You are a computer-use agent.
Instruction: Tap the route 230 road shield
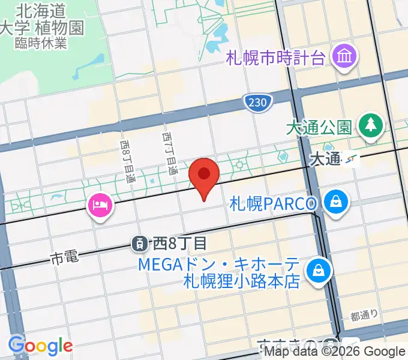[x=255, y=103]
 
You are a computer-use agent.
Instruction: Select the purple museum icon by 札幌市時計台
[x=346, y=58]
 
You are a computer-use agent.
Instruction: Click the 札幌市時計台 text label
[x=276, y=58]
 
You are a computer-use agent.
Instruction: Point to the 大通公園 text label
[x=318, y=128]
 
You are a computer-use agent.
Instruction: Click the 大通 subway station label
[x=325, y=159]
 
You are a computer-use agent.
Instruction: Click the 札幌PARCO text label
[x=272, y=203]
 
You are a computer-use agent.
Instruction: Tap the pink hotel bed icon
[x=100, y=206]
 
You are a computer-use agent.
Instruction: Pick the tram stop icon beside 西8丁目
[x=139, y=243]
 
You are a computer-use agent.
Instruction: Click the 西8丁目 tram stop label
[x=179, y=244]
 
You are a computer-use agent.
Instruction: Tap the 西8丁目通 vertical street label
[x=127, y=162]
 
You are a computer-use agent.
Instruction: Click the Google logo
[x=40, y=346]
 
